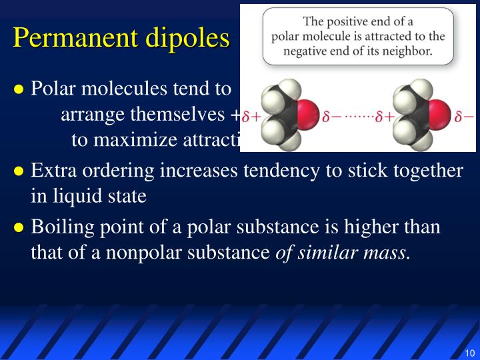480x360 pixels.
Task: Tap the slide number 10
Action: coord(469,353)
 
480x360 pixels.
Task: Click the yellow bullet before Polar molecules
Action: coord(19,89)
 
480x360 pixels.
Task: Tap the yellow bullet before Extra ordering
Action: coord(19,171)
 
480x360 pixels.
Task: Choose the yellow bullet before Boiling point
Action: coord(19,227)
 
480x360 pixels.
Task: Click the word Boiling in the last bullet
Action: coord(61,227)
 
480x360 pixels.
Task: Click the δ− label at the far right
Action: coord(464,117)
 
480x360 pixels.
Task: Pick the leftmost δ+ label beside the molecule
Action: coord(251,117)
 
